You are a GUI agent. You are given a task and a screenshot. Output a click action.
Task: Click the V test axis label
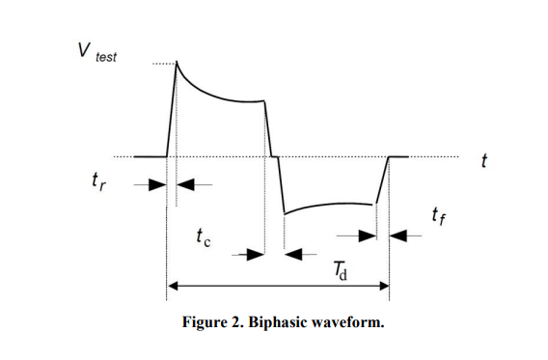[x=97, y=52]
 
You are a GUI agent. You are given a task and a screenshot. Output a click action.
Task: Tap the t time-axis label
[x=484, y=161]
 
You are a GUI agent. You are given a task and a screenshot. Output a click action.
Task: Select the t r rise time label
[x=98, y=181]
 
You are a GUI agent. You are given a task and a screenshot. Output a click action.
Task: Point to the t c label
[x=204, y=237]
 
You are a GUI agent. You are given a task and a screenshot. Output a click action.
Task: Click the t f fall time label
[x=439, y=215]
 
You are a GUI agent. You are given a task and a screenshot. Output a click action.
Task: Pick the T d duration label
[x=341, y=271]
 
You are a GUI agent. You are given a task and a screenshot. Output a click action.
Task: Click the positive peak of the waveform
[x=177, y=61]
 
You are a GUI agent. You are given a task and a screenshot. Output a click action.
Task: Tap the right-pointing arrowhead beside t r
[x=157, y=184]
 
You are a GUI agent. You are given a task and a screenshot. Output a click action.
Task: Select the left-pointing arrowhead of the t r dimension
[x=185, y=184]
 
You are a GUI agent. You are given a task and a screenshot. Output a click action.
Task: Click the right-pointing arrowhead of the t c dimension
[x=256, y=255]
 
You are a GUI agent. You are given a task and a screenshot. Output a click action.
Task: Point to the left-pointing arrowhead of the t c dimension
[x=293, y=255]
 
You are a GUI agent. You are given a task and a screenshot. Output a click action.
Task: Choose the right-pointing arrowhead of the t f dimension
[x=368, y=236]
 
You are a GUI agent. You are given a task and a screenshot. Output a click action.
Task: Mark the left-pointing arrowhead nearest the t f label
[x=398, y=236]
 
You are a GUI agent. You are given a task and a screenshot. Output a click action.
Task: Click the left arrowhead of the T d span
[x=173, y=287]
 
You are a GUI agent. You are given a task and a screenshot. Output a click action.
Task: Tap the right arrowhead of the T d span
[x=384, y=287]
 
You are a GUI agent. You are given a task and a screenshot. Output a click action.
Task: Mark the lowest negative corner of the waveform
[x=285, y=213]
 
